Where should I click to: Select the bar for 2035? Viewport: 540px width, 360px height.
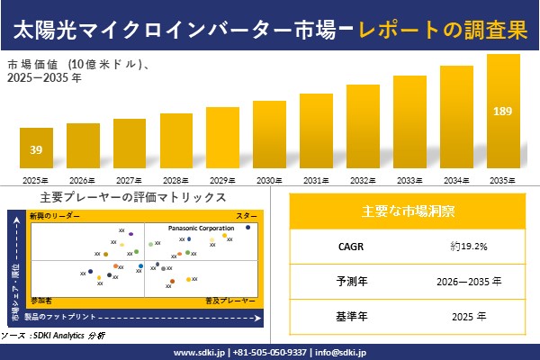tap(503, 112)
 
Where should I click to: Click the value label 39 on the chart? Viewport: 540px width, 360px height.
tap(36, 148)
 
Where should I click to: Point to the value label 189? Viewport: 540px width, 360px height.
tap(503, 111)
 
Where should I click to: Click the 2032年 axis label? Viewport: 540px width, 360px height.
tap(363, 180)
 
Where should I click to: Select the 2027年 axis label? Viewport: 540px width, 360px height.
tap(130, 180)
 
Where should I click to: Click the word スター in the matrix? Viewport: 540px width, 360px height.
tap(247, 216)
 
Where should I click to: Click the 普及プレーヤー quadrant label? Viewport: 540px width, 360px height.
tap(238, 298)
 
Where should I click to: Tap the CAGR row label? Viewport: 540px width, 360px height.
tap(346, 245)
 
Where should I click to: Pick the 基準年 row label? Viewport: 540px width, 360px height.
tap(346, 316)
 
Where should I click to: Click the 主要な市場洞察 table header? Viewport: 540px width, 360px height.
tap(408, 211)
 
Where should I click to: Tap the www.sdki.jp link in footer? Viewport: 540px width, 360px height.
tap(199, 352)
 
